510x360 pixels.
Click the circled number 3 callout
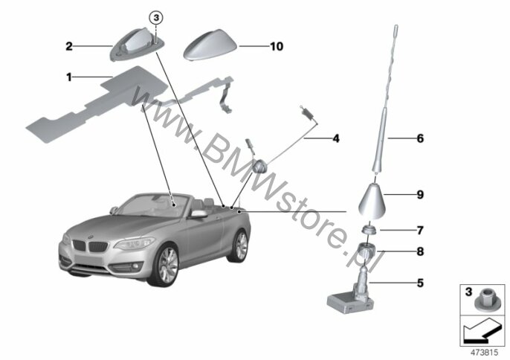[156, 18]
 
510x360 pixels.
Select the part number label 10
[277, 47]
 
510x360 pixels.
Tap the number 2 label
[69, 47]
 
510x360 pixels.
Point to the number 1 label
[68, 77]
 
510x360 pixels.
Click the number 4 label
[336, 138]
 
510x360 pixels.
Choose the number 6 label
[420, 138]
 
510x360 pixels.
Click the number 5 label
[420, 283]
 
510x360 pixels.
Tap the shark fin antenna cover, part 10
[210, 45]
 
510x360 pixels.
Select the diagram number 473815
[484, 353]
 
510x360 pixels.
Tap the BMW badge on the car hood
[91, 236]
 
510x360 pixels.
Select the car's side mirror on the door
[198, 214]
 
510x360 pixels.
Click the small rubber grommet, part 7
[369, 229]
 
